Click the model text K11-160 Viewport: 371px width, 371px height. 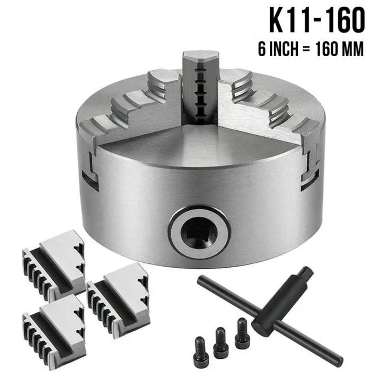(317, 21)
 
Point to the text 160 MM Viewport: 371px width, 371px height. (340, 49)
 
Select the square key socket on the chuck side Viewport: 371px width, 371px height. (199, 233)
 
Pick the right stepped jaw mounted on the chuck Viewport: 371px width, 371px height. (272, 107)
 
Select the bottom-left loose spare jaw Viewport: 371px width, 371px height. (54, 331)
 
